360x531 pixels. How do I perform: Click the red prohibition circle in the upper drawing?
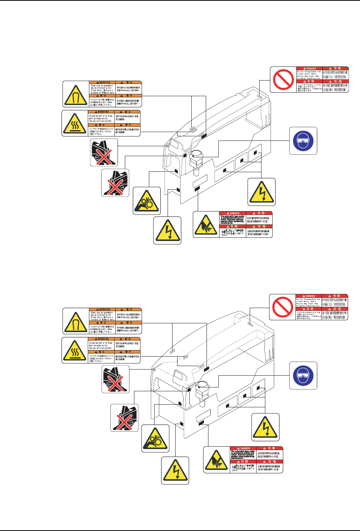(x=283, y=79)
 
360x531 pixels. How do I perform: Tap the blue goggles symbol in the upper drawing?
(x=303, y=140)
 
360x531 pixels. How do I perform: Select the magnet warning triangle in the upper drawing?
(x=75, y=94)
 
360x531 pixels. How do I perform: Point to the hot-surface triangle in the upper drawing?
(x=75, y=123)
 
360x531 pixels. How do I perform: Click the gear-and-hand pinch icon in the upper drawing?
(x=147, y=200)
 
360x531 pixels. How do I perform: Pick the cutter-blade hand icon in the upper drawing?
(x=206, y=224)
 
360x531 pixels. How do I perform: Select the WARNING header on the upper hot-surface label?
(x=102, y=112)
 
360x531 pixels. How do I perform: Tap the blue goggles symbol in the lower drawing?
(x=303, y=376)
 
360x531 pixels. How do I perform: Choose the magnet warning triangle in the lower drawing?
(x=75, y=321)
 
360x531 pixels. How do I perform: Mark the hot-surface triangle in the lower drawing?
(x=75, y=350)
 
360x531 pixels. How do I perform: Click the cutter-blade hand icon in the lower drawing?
(x=216, y=460)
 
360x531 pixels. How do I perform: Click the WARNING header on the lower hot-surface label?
(x=102, y=339)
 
